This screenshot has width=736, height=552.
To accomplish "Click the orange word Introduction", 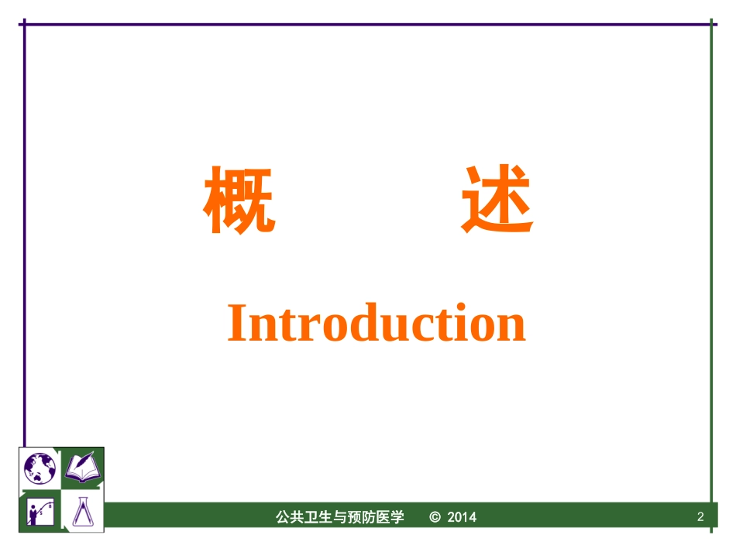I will [x=377, y=324].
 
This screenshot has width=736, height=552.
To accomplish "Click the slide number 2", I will [x=700, y=517].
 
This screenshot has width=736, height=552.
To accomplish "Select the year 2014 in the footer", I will [x=463, y=517].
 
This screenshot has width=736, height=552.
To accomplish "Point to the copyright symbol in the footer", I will [x=435, y=517].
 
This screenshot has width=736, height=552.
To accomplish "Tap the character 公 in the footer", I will [x=282, y=517].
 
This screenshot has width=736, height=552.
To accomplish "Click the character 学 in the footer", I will [x=397, y=517].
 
